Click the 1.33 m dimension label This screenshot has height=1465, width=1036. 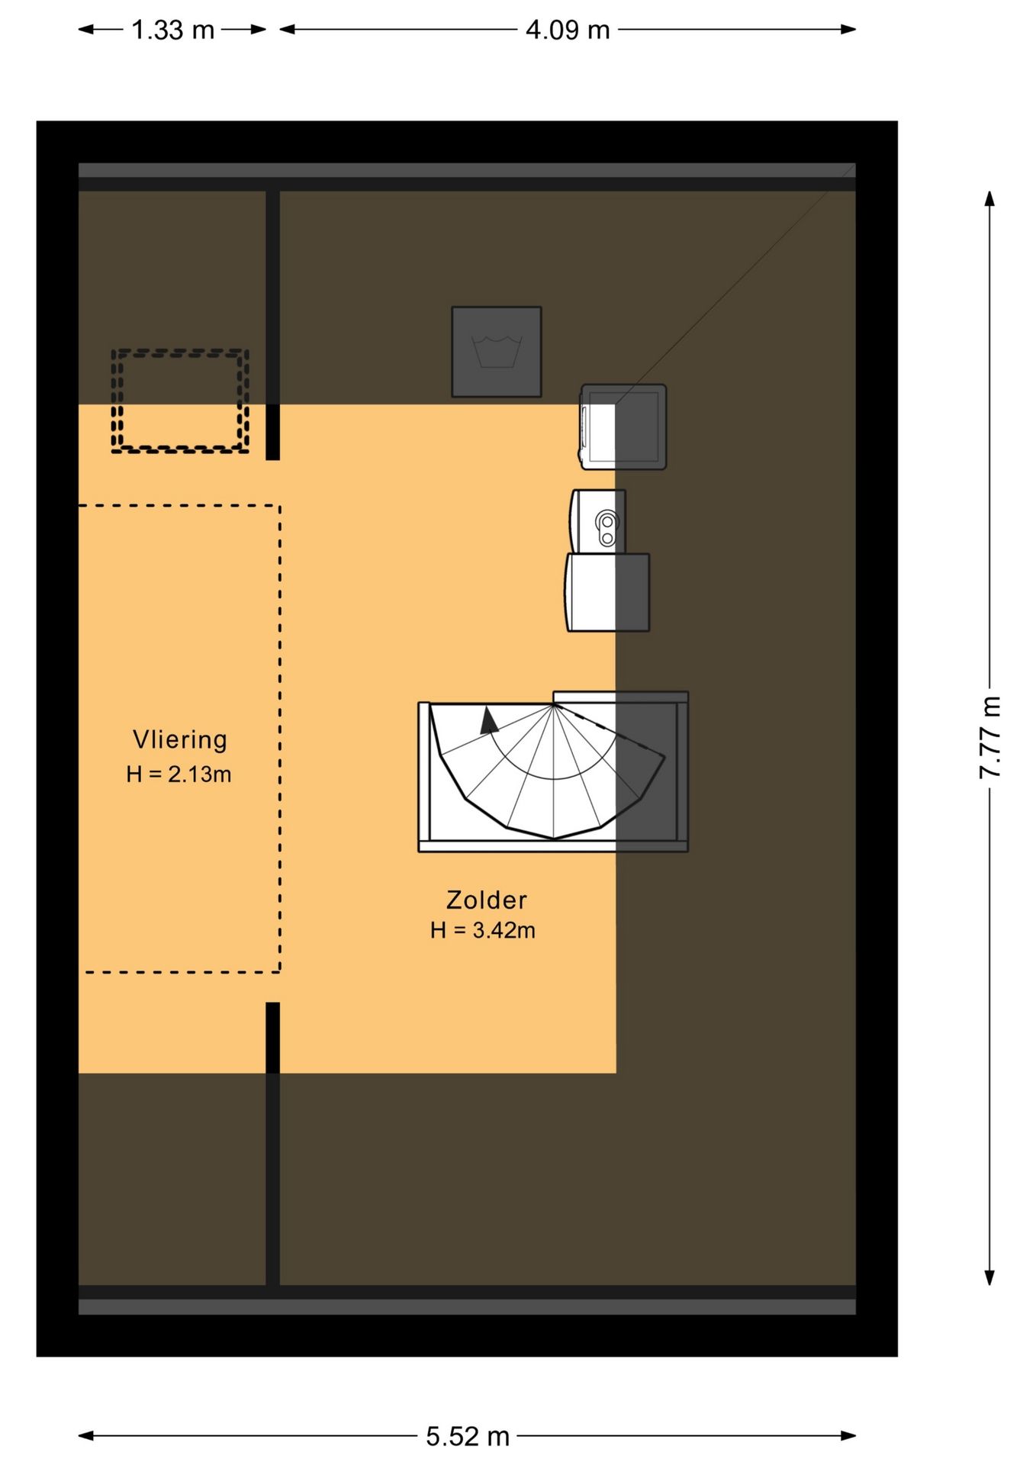(172, 30)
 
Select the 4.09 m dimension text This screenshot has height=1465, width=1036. (568, 30)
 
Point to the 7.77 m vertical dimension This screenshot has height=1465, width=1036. (989, 737)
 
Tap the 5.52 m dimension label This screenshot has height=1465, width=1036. (467, 1436)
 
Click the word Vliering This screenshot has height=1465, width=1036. (180, 739)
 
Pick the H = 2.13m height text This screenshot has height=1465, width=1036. (179, 774)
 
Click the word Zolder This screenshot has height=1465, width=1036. (486, 900)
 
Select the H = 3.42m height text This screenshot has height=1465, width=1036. (483, 930)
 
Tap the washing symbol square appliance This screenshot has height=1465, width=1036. (497, 352)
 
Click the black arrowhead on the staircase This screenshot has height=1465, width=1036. (488, 720)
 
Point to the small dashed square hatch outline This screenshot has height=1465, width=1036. (180, 401)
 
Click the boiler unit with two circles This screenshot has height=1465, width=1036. (598, 522)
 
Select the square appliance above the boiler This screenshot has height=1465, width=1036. (623, 427)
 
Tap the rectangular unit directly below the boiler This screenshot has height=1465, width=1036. (607, 593)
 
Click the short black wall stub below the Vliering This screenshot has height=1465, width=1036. (272, 1038)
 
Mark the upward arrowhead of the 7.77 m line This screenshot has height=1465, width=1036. (989, 198)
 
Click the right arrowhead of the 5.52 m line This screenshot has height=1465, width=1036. (848, 1436)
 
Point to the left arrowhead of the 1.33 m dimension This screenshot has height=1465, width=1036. (86, 30)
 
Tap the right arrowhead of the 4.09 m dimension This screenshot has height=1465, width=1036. (848, 30)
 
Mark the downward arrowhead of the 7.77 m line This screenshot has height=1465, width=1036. (989, 1277)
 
